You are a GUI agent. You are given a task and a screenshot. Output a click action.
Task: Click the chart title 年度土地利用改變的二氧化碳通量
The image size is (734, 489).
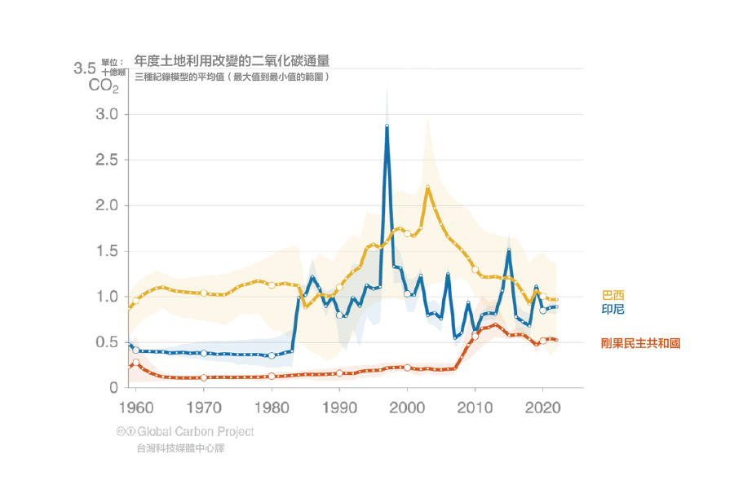tap(232, 60)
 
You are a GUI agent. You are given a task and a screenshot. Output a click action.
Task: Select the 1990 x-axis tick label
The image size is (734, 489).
tap(339, 405)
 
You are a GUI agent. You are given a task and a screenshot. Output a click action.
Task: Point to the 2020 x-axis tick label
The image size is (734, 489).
tap(543, 405)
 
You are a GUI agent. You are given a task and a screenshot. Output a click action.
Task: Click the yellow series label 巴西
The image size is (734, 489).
tap(612, 295)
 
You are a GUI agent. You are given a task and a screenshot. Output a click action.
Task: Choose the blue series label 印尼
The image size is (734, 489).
tap(612, 308)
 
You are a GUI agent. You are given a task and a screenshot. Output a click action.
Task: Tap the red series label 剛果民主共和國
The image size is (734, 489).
tap(640, 343)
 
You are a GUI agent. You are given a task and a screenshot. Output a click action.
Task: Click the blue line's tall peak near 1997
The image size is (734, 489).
tap(387, 127)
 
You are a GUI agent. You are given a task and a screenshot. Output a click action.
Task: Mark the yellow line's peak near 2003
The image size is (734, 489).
tap(427, 187)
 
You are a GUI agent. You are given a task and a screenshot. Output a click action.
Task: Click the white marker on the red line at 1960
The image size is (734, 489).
tap(136, 362)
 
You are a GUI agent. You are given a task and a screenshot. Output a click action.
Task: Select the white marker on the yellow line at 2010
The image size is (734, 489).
tap(475, 270)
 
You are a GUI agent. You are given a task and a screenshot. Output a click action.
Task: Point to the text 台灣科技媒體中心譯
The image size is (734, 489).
tap(177, 449)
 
